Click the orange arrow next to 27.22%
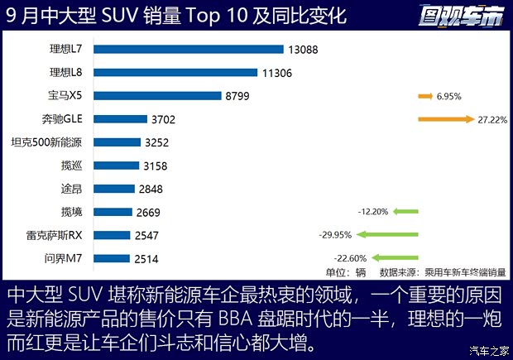(446, 119)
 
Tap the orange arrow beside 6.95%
(426, 96)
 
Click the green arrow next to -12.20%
(405, 212)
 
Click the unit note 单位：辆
(346, 271)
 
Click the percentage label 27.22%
(491, 119)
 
